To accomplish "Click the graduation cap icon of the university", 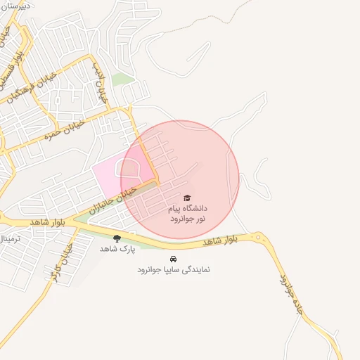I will pyautogui.click(x=186, y=198).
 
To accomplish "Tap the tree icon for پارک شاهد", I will pyautogui.click(x=117, y=238).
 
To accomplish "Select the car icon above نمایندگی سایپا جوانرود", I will pyautogui.click(x=174, y=258).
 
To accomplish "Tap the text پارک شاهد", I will pyautogui.click(x=116, y=249).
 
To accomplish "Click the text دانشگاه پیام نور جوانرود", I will pyautogui.click(x=186, y=214).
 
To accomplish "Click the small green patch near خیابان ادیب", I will pyautogui.click(x=122, y=79).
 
